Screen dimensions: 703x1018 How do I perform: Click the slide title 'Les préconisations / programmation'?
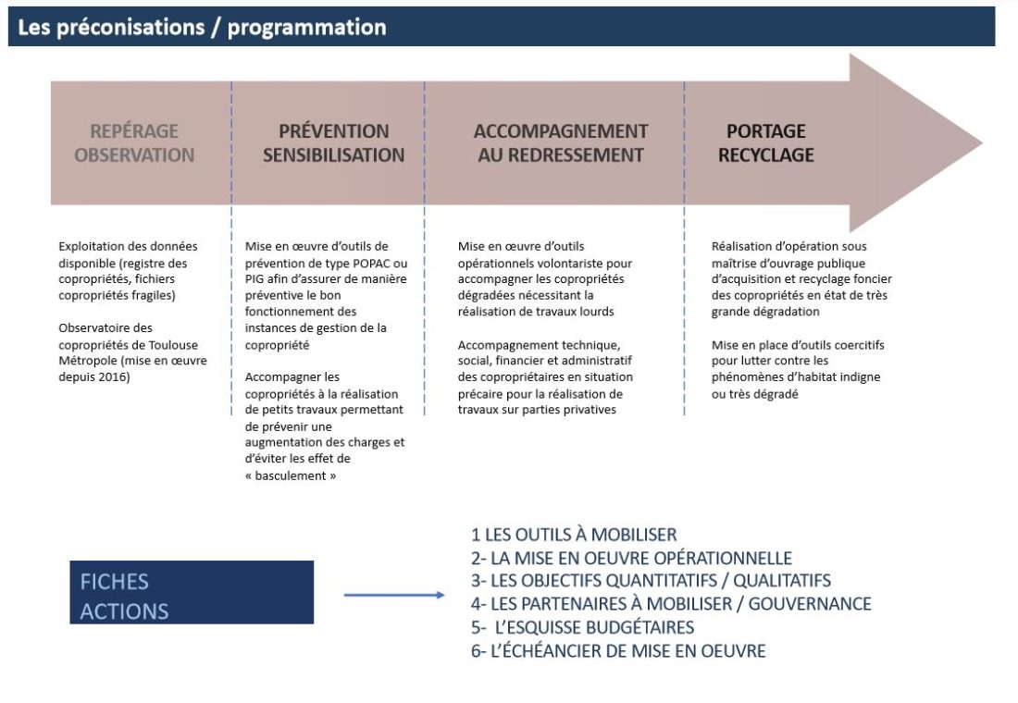pos(202,28)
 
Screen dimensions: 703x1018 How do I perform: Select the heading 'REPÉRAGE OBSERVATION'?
pos(134,143)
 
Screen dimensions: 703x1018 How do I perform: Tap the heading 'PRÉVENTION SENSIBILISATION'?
pos(333,143)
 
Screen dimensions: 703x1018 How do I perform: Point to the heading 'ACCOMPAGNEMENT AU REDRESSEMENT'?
pos(561,143)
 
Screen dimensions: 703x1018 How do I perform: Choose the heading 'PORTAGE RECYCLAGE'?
pos(766,143)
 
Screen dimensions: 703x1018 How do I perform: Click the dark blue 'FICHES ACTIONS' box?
pos(192,592)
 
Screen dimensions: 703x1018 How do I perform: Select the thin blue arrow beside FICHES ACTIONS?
pos(394,595)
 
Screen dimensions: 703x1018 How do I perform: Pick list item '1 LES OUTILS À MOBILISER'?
pos(574,535)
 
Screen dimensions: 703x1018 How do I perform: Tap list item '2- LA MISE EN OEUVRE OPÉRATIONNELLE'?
pos(631,558)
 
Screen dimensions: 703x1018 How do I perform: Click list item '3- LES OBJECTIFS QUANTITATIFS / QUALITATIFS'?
pos(651,581)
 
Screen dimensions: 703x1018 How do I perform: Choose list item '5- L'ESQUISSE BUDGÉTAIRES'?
pos(582,627)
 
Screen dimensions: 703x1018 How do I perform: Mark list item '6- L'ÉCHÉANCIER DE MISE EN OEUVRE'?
pos(618,651)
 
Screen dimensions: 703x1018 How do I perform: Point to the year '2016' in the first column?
pos(116,377)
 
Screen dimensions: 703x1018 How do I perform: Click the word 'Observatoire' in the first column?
pos(93,327)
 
